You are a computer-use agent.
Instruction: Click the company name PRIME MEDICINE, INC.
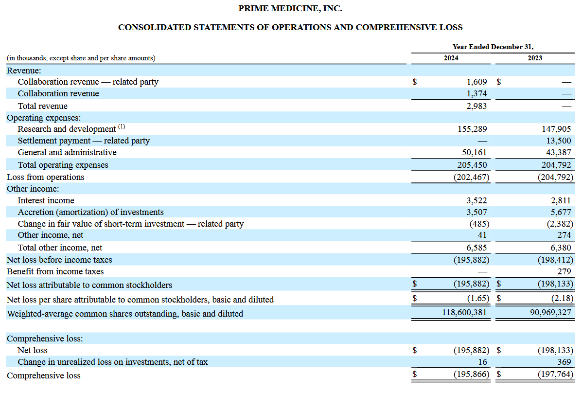(290, 9)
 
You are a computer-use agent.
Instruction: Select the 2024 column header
(451, 58)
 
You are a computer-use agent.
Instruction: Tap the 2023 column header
(534, 58)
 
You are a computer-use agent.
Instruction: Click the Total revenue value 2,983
(476, 106)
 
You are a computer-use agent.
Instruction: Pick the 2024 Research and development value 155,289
(473, 129)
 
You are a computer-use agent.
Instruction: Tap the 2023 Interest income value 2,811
(561, 200)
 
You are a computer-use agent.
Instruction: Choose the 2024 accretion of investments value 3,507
(476, 212)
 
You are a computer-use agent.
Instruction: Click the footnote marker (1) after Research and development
(122, 127)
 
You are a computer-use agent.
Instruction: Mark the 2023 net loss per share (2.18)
(562, 299)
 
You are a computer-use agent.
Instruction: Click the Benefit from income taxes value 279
(564, 271)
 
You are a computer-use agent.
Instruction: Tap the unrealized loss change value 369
(564, 362)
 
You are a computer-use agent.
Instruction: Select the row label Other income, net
(50, 235)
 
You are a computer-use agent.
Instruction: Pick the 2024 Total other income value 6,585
(476, 248)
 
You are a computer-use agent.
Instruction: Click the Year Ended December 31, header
(493, 47)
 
